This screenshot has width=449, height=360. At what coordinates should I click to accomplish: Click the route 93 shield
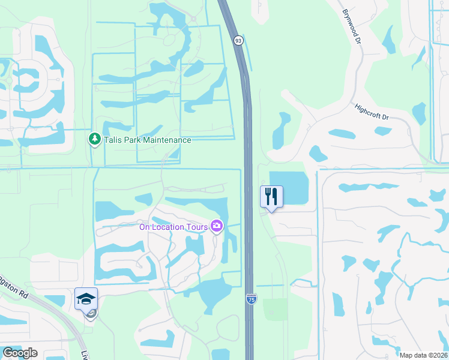tap(239, 40)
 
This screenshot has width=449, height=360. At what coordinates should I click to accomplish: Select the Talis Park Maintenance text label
tap(147, 140)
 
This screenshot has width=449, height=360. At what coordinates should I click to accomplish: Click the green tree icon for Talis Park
tap(94, 140)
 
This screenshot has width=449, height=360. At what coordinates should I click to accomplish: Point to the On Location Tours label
tap(173, 227)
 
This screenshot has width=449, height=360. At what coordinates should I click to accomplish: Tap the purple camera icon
tap(217, 226)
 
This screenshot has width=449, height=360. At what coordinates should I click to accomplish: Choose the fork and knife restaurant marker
tap(271, 196)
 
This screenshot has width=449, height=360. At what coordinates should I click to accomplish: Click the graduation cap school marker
tap(86, 298)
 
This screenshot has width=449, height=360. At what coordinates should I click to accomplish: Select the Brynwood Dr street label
tap(352, 27)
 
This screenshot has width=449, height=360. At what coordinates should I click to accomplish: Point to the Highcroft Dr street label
tap(372, 111)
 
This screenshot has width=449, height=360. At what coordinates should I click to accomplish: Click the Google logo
tap(20, 353)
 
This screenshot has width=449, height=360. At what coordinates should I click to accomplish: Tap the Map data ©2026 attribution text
tap(423, 355)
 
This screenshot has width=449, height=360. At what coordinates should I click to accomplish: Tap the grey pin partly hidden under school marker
tap(90, 314)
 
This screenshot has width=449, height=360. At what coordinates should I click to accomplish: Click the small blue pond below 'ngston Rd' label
tap(54, 300)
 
